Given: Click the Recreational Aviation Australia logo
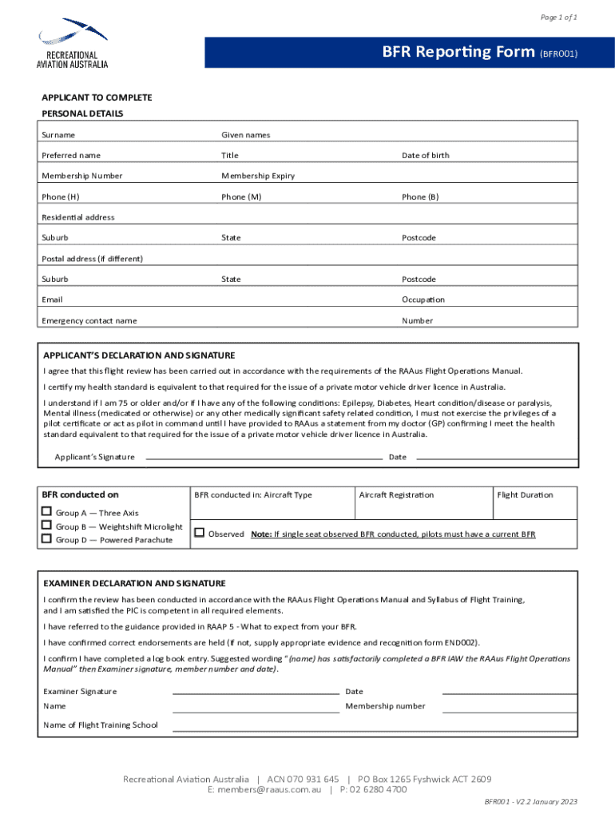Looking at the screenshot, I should tap(73, 43).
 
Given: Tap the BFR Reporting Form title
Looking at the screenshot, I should tap(458, 53).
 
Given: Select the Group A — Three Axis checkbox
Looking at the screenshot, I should tap(47, 512).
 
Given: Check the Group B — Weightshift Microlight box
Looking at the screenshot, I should tap(47, 526).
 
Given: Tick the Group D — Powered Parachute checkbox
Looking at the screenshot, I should tap(47, 539).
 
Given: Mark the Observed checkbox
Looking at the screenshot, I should tap(200, 533).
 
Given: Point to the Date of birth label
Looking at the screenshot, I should tap(425, 155).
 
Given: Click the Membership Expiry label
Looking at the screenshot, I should tap(256, 176).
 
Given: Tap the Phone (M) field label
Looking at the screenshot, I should tap(241, 197).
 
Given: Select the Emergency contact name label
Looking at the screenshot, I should tap(89, 320).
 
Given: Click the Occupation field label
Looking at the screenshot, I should tap(423, 300).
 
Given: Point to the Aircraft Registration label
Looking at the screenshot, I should tap(396, 494).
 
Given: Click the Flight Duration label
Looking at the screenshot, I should tap(525, 494).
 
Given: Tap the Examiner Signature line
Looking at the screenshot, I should tap(256, 693).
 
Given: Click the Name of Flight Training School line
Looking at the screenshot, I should tap(374, 729).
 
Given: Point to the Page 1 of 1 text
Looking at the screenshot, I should tap(558, 18).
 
